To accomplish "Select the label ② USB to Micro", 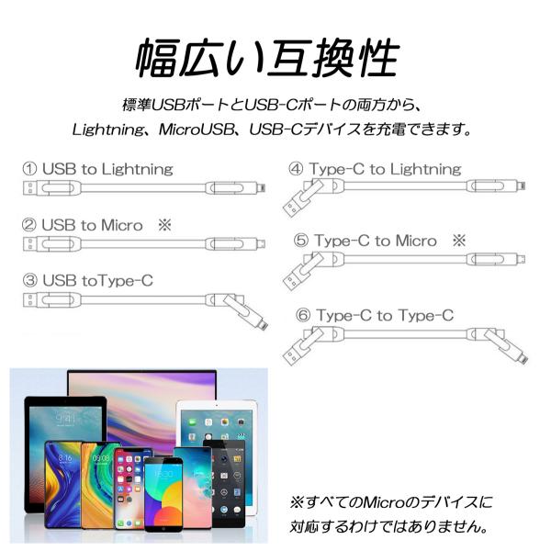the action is coord(92,225).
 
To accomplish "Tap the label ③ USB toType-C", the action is coord(88,280).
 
